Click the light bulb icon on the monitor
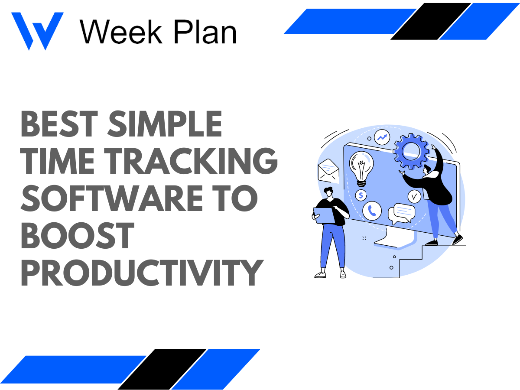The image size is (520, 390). point(361,169)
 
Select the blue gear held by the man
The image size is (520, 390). point(410,150)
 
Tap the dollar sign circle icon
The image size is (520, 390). point(361,195)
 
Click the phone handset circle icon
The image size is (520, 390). point(372,211)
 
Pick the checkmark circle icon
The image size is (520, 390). point(414,196)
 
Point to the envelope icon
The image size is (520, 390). point(328,171)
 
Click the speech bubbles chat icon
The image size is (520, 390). point(401,213)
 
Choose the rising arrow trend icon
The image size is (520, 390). point(382,138)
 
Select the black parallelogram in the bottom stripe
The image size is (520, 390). point(162,369)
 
